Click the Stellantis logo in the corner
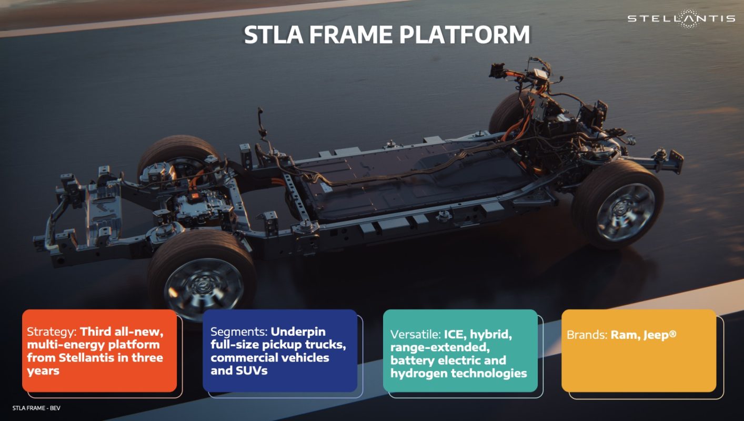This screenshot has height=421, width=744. (x=681, y=18)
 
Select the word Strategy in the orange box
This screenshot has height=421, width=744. (x=52, y=332)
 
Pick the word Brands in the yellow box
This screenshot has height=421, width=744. (x=587, y=335)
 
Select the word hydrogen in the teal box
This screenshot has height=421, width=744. (x=418, y=374)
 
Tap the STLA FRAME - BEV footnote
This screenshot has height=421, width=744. (x=36, y=408)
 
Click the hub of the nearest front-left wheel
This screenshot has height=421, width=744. (x=203, y=285)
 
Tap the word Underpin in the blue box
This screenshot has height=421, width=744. (x=298, y=332)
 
